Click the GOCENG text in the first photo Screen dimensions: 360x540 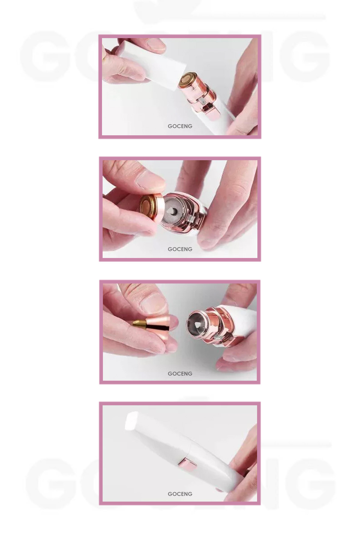coord(180,126)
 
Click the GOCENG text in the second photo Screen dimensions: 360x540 coord(180,249)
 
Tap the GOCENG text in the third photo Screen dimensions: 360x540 coord(180,374)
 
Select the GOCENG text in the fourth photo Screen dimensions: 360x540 coord(180,494)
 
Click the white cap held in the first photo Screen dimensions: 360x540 coord(151,63)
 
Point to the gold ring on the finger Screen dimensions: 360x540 coord(104,59)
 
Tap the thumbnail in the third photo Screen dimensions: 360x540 coord(154,302)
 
